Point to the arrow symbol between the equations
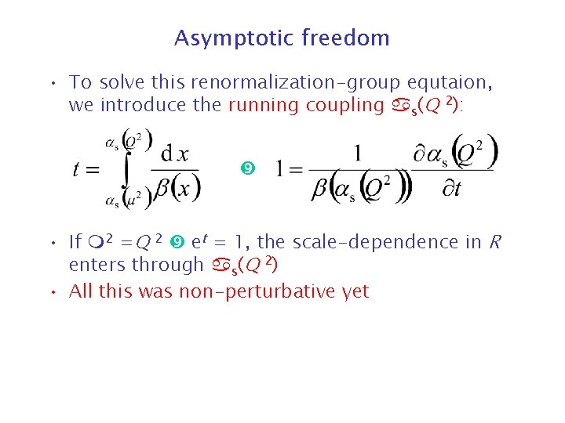(x=247, y=168)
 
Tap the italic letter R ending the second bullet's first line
(x=494, y=242)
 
